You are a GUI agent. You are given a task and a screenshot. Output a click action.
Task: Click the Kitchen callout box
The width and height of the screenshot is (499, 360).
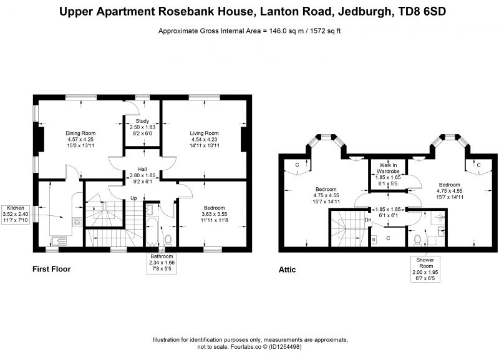[x=16, y=214]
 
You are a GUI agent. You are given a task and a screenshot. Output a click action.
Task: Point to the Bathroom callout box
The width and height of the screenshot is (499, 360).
[x=162, y=263]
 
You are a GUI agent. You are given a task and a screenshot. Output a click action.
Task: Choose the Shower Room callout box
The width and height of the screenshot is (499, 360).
[x=426, y=270]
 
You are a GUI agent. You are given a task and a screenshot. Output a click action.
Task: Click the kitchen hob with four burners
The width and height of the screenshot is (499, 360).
[x=77, y=221]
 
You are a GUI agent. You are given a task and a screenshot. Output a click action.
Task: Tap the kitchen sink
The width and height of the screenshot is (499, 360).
[x=59, y=241]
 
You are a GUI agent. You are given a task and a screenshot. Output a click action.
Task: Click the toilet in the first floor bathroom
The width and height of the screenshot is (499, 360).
[x=168, y=240]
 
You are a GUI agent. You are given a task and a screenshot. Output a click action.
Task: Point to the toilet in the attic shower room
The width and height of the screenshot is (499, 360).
[x=417, y=240]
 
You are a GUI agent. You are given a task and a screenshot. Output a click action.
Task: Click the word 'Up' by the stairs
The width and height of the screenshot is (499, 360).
[x=133, y=198]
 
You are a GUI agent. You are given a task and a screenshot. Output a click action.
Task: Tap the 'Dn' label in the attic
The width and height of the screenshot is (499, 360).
[x=368, y=220]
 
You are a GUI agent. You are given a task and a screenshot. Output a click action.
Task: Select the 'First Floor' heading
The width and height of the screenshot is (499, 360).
[x=52, y=269]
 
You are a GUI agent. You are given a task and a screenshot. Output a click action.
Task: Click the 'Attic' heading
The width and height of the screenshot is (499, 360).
[x=288, y=270]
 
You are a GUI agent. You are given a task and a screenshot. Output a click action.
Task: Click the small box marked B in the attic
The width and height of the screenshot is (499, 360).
[x=374, y=240]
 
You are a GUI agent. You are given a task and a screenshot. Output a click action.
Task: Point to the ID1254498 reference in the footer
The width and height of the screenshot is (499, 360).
[x=286, y=347]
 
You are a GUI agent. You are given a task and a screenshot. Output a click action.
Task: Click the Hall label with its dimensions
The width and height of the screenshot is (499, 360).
[x=142, y=175]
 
